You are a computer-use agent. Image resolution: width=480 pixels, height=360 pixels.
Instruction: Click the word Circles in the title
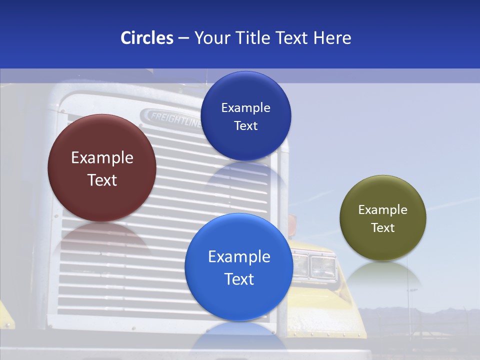[x=146, y=38]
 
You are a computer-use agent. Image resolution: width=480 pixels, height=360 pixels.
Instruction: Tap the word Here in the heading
[x=332, y=38]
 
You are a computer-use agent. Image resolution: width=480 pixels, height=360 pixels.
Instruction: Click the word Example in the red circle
[x=102, y=158]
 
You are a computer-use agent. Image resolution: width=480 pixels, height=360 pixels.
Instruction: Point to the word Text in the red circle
[x=102, y=180]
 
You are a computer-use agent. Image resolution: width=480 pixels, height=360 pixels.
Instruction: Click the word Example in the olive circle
[x=383, y=210]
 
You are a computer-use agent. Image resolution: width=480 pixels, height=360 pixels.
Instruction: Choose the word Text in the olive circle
[x=383, y=228]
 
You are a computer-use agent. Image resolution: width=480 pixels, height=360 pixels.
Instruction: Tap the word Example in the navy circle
[x=246, y=108]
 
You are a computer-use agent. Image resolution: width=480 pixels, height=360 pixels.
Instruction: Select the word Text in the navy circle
[x=246, y=126]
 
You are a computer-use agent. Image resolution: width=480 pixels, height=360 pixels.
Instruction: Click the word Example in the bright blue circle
[x=239, y=257]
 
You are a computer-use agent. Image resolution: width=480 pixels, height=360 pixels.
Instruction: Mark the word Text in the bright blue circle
[x=239, y=279]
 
